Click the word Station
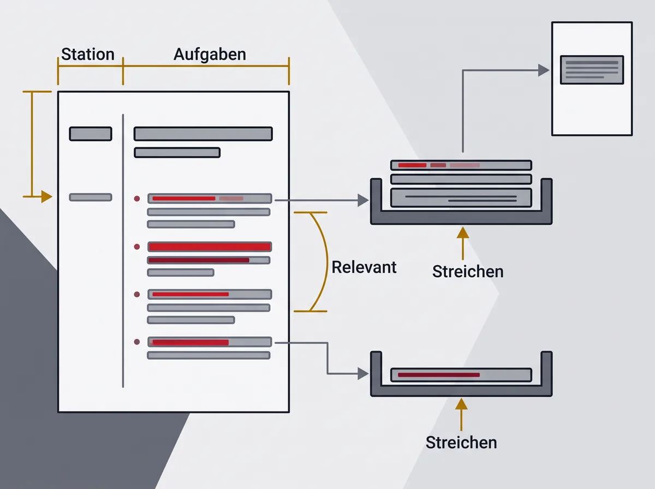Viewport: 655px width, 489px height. point(88,54)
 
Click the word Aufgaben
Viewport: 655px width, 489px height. point(210,55)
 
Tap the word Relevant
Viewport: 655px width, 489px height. point(364,267)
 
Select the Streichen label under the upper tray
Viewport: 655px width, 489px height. point(468,271)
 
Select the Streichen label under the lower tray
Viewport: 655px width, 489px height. point(461,443)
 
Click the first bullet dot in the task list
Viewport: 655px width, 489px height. point(137,199)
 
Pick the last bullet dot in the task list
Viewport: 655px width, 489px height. point(137,342)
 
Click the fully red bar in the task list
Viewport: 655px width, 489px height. point(210,247)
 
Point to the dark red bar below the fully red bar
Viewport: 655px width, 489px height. point(199,260)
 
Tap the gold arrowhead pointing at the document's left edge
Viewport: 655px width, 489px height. point(46,196)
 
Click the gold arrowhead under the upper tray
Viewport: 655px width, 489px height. point(463,232)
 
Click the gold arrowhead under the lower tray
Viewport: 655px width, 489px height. point(461,404)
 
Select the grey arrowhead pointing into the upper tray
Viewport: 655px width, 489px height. point(363,200)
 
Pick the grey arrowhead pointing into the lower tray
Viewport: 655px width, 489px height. point(363,373)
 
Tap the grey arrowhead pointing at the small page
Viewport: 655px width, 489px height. point(544,70)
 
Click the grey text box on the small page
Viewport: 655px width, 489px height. point(592,70)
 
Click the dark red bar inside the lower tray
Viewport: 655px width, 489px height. point(439,375)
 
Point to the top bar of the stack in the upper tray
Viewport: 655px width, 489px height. point(461,165)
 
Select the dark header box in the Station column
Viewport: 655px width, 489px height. point(91,134)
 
